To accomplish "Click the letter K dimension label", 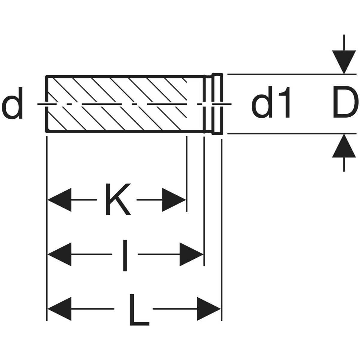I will (x=118, y=199).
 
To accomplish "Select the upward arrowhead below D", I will (x=344, y=146).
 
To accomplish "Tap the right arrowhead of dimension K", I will (x=173, y=200).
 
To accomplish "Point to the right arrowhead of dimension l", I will (x=191, y=254).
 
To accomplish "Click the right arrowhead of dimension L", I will (x=209, y=309).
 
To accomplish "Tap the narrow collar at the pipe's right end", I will (x=217, y=104).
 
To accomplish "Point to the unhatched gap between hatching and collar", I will (x=196, y=90).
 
